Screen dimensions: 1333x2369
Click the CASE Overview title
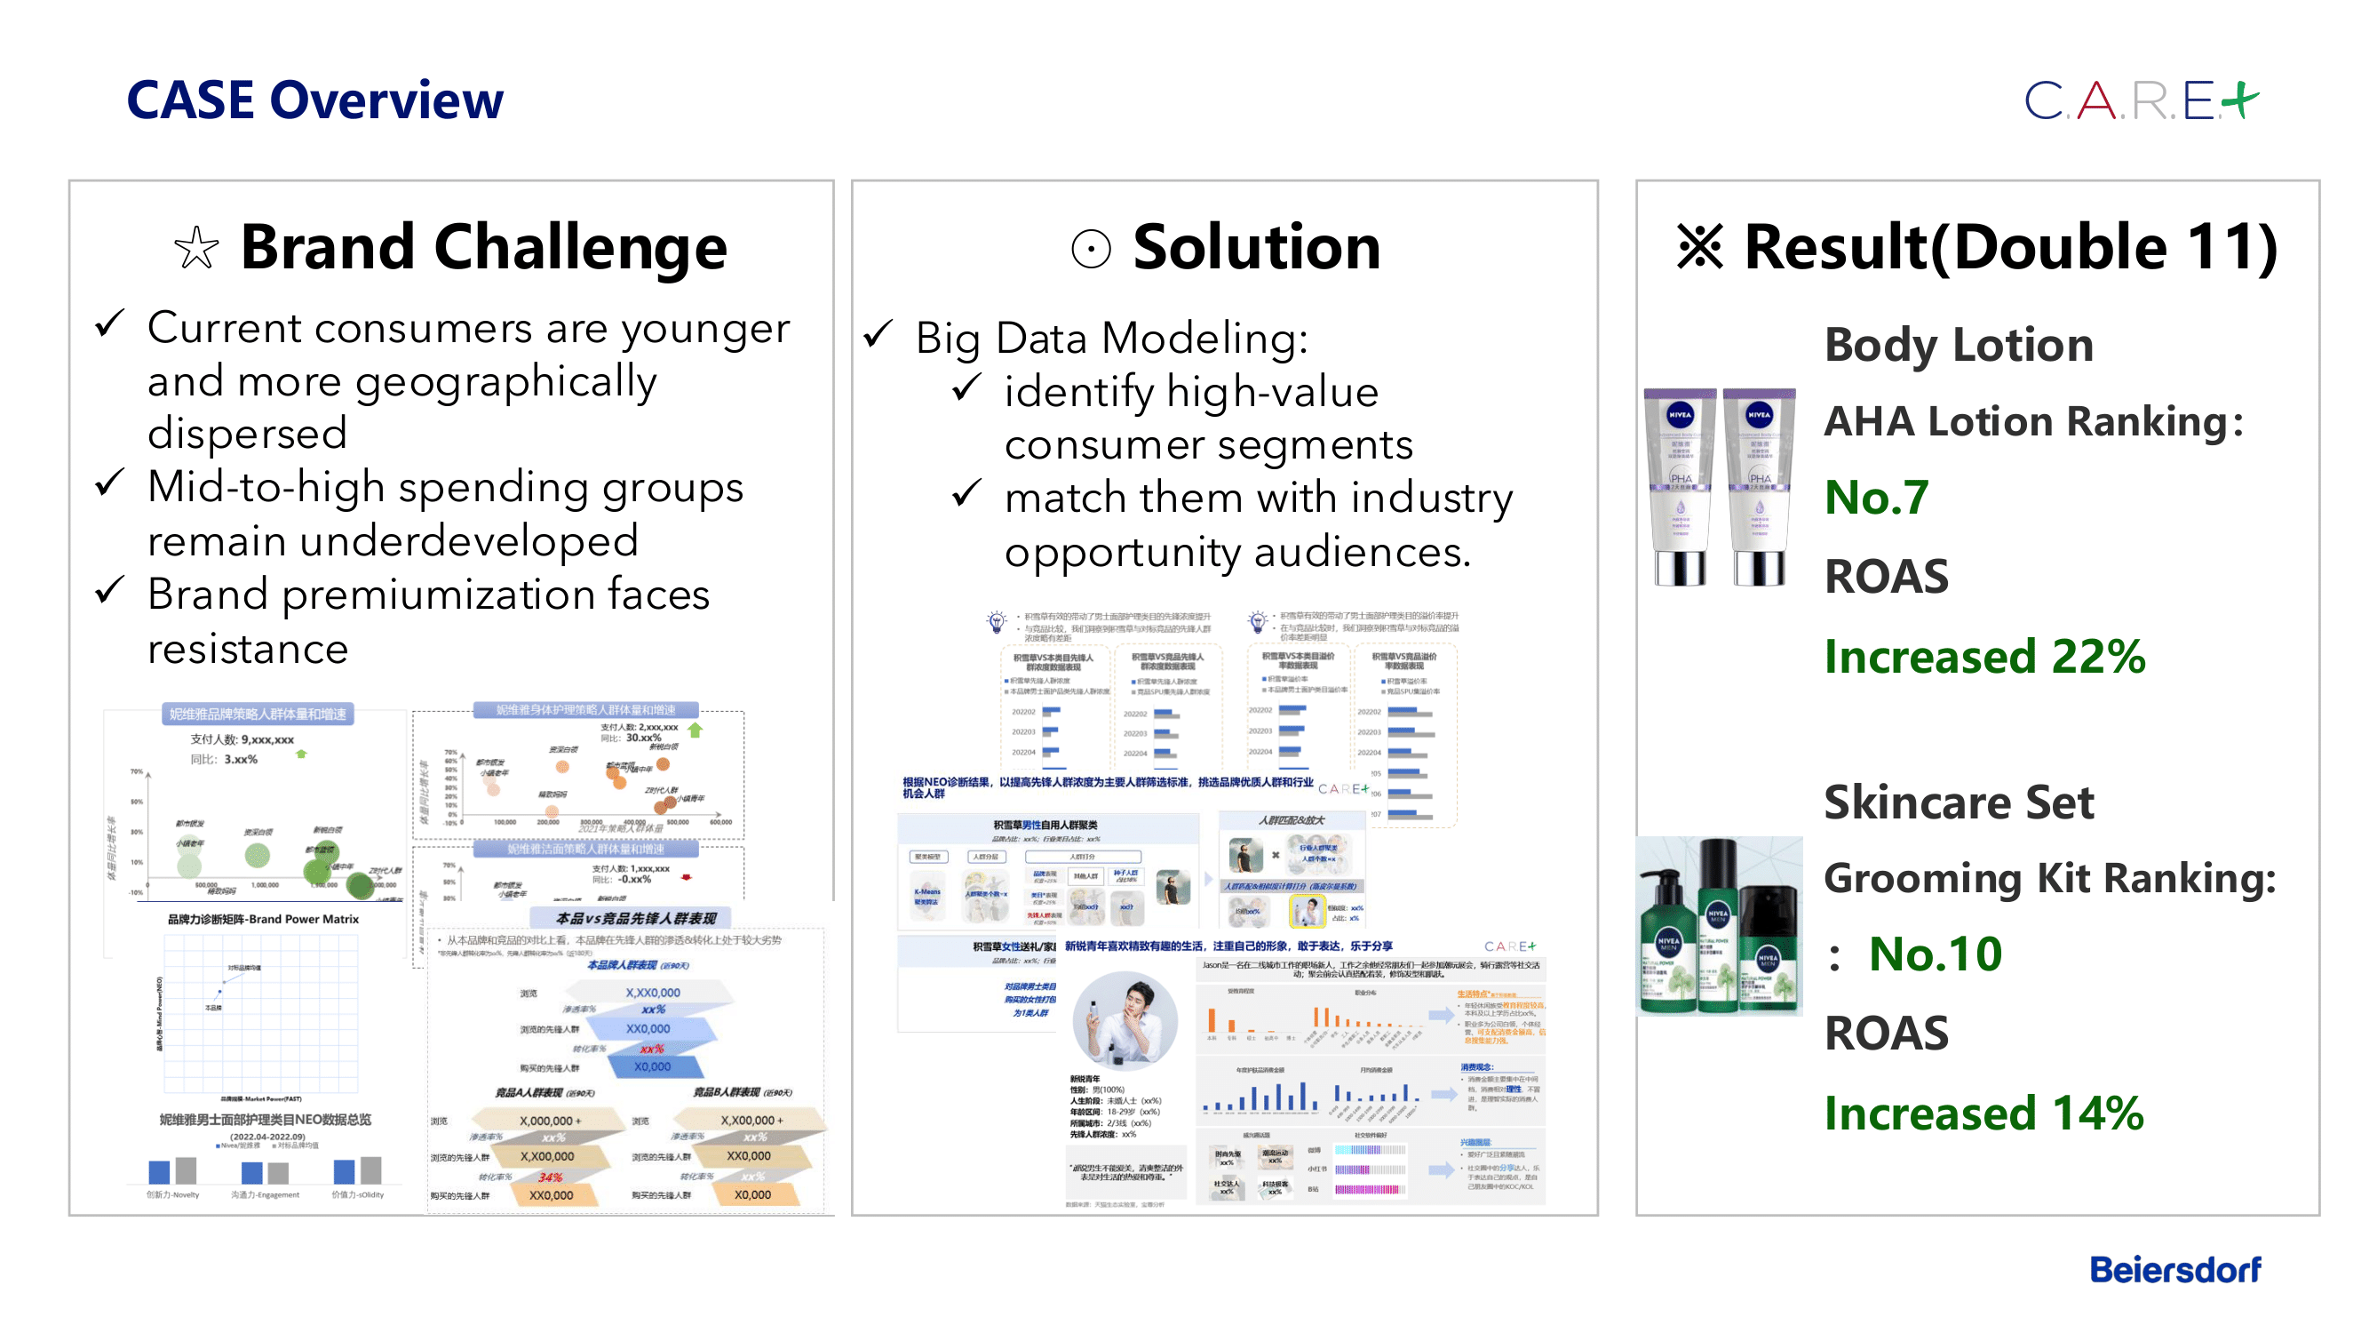pos(314,100)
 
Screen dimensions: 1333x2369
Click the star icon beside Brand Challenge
pos(196,249)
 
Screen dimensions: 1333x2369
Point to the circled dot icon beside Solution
pos(1091,249)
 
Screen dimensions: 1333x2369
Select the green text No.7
pos(1876,498)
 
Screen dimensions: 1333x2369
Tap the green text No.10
pos(1935,954)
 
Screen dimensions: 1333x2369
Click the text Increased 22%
pos(1983,657)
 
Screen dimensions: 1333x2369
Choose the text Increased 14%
pos(1983,1113)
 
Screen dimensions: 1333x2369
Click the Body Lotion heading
pos(1958,345)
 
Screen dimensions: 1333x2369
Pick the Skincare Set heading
pos(1958,802)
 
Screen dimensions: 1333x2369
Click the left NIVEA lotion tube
pos(1680,487)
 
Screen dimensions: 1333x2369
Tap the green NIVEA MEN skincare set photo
pos(1719,925)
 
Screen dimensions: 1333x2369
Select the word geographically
pos(505,382)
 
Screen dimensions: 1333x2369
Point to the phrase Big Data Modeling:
pos(1111,339)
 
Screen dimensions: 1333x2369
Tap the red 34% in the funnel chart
pos(550,1177)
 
